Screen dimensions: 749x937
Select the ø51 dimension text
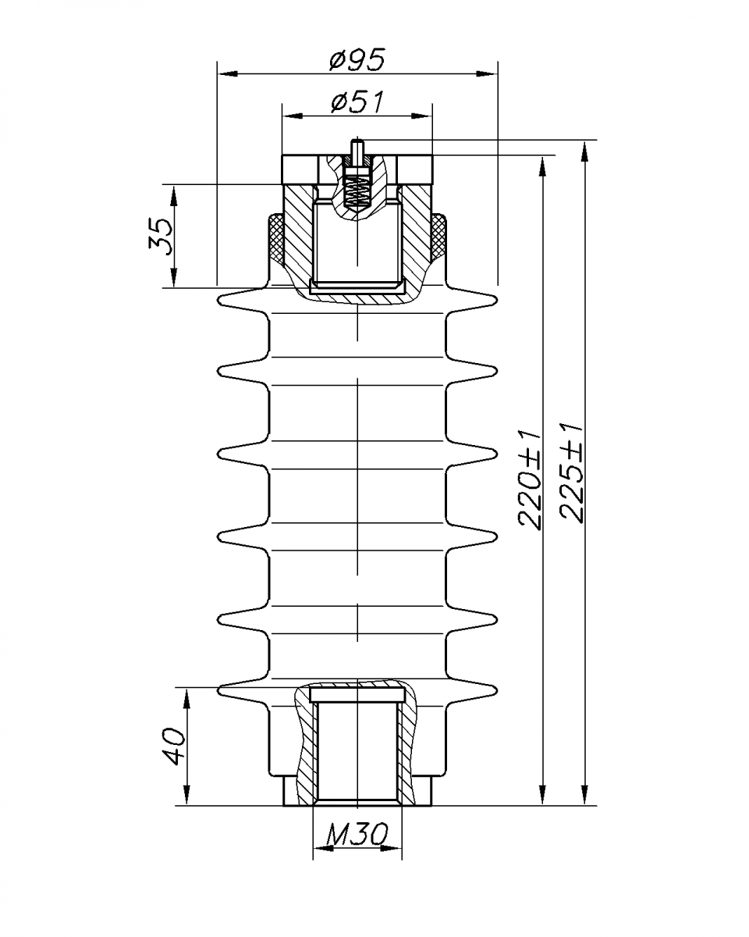pyautogui.click(x=357, y=102)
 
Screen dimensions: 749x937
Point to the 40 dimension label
pyautogui.click(x=173, y=746)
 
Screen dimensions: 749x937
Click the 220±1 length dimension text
pyautogui.click(x=530, y=479)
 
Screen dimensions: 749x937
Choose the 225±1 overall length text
pyautogui.click(x=571, y=472)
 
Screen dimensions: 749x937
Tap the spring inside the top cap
pyautogui.click(x=357, y=191)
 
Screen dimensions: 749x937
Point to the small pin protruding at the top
pyautogui.click(x=357, y=151)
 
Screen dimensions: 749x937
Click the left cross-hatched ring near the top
pyautogui.click(x=276, y=237)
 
